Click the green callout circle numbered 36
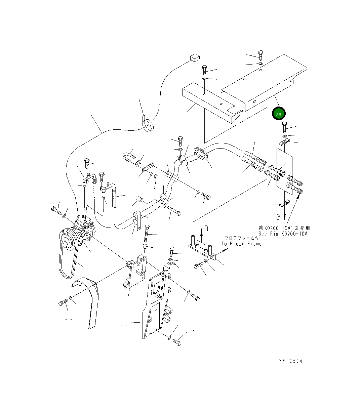[x=278, y=114]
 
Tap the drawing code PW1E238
[x=290, y=361]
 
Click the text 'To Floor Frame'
[x=241, y=244]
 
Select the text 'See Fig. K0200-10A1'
[x=284, y=234]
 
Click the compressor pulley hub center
[x=66, y=240]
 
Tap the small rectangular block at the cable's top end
[x=195, y=57]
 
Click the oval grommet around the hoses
[x=200, y=154]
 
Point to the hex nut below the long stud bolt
[x=145, y=246]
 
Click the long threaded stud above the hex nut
[x=147, y=233]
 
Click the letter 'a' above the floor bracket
[x=206, y=229]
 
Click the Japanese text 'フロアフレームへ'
[x=238, y=238]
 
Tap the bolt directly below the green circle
[x=284, y=127]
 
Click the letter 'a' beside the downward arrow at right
[x=278, y=217]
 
